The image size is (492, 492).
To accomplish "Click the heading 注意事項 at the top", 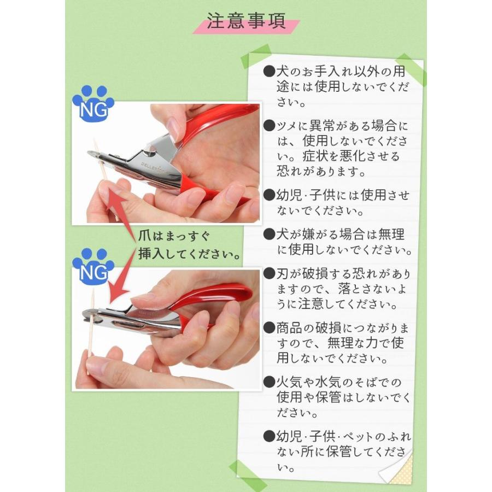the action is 246,21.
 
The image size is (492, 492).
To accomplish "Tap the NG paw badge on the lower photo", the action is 93,267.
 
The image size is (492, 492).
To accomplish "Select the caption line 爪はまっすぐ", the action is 174,236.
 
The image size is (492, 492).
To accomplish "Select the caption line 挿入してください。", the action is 189,253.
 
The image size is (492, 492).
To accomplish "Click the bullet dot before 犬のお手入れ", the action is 269,72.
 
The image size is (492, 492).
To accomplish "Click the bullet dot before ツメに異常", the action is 269,126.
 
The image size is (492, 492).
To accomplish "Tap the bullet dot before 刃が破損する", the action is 269,274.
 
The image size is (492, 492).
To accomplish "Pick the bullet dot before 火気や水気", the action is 269,382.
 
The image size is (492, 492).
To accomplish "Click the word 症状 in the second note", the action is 315,156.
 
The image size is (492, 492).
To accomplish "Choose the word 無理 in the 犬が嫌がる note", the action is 391,235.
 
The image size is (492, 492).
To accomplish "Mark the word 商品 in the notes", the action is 289,328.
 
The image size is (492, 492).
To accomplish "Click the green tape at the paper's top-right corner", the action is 411,69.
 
